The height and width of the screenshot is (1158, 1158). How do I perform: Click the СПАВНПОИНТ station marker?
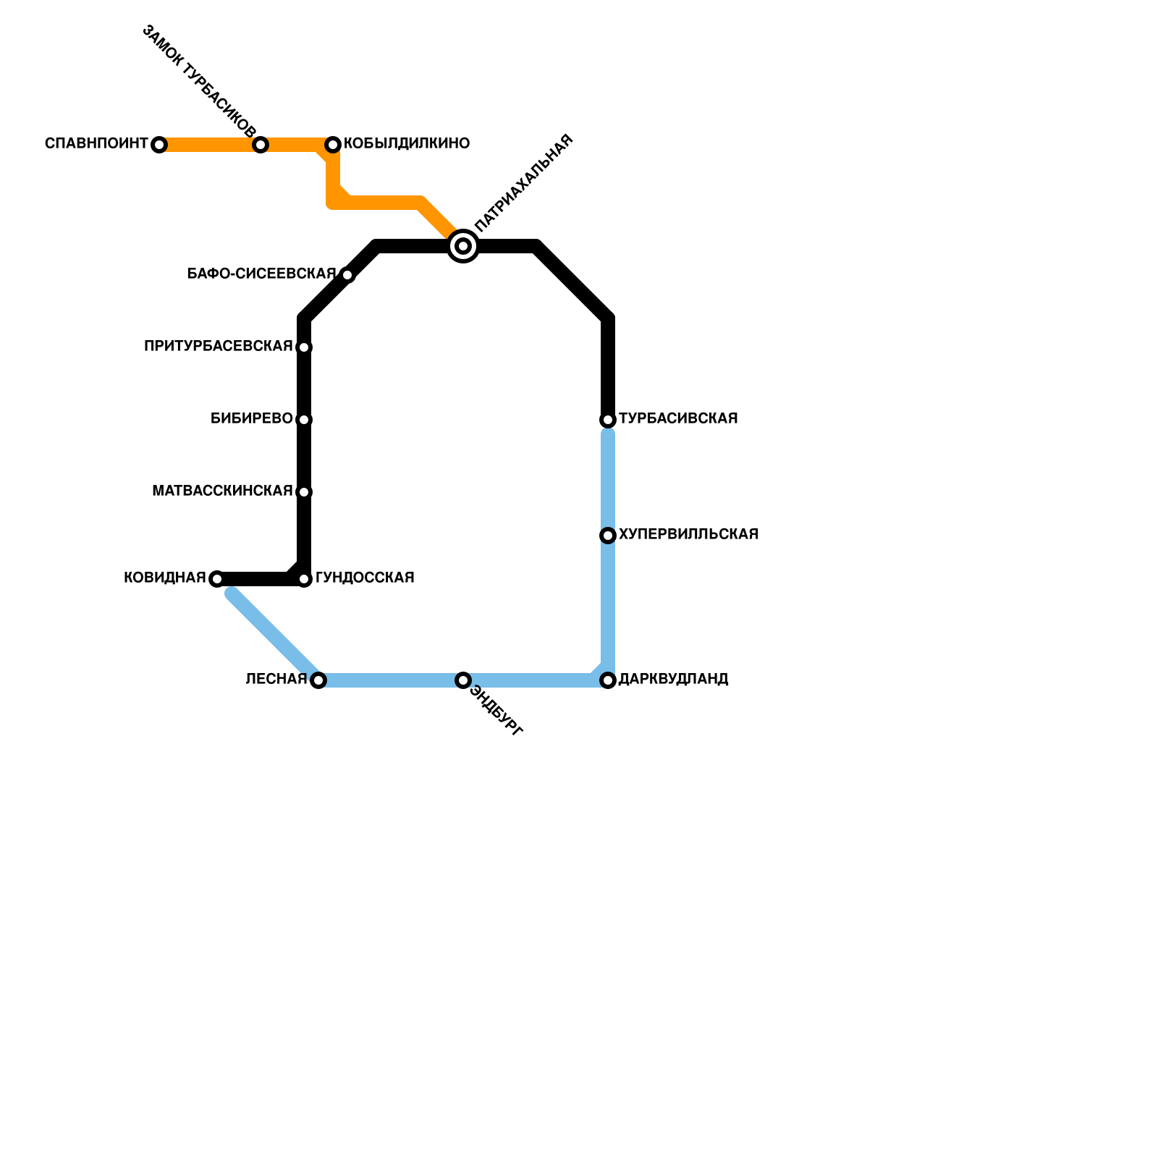pyautogui.click(x=159, y=145)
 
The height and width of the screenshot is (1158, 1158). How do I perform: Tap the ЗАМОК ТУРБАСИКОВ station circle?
pyautogui.click(x=261, y=145)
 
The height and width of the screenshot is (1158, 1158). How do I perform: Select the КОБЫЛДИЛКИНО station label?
pyautogui.click(x=407, y=143)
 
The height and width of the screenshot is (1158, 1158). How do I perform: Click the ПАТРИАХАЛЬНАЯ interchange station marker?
pyautogui.click(x=463, y=246)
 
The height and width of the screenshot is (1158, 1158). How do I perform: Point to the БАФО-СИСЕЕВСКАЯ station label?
pyautogui.click(x=261, y=274)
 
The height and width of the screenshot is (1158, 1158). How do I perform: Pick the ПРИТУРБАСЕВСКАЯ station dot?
pyautogui.click(x=304, y=347)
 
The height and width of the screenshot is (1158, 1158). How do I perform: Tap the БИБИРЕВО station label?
pyautogui.click(x=252, y=418)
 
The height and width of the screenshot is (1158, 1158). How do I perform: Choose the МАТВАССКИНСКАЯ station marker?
pyautogui.click(x=304, y=492)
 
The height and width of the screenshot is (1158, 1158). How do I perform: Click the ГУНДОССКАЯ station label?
pyautogui.click(x=365, y=578)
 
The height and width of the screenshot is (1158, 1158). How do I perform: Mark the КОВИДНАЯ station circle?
pyautogui.click(x=216, y=579)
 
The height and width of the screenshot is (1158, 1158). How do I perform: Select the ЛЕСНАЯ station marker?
pyautogui.click(x=318, y=680)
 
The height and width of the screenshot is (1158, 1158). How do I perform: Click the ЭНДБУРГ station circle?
pyautogui.click(x=463, y=680)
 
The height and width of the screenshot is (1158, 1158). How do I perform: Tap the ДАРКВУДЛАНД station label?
pyautogui.click(x=673, y=679)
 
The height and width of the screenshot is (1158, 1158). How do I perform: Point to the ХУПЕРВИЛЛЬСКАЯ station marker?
pyautogui.click(x=608, y=536)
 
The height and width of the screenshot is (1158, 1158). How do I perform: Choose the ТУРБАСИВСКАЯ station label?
pyautogui.click(x=678, y=418)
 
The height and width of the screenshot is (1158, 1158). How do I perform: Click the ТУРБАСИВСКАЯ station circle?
pyautogui.click(x=608, y=420)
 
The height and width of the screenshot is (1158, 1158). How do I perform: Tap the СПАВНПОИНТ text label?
pyautogui.click(x=96, y=143)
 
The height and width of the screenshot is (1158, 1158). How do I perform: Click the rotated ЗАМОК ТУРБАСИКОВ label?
pyautogui.click(x=198, y=81)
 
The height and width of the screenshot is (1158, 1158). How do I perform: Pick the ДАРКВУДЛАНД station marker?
pyautogui.click(x=608, y=680)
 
